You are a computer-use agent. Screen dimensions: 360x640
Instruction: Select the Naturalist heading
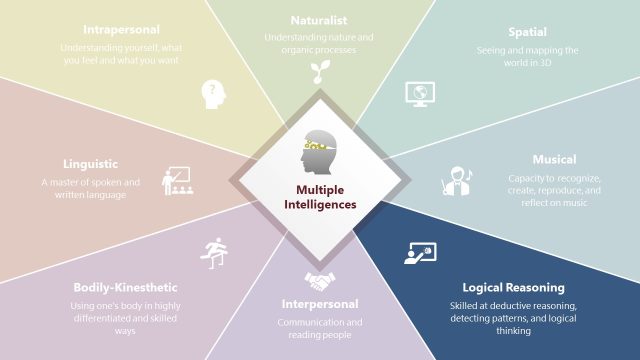pos(319,20)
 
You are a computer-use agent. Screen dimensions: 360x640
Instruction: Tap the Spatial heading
pos(527,31)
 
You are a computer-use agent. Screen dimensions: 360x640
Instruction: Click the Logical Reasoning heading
pos(513,287)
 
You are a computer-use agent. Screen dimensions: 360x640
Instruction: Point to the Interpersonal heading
pos(319,303)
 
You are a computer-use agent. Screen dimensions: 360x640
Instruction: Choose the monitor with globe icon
pos(417,93)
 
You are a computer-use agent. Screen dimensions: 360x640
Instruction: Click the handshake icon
pos(320,281)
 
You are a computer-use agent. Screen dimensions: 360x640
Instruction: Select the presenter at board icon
pos(419,253)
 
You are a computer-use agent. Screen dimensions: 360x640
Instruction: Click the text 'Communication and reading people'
pos(319,328)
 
